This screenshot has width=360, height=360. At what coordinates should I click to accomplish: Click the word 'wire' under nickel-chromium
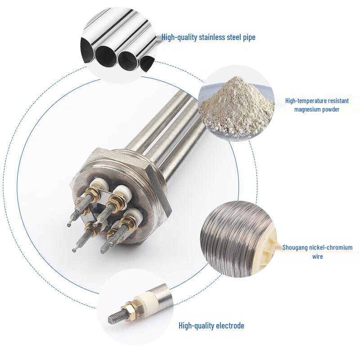tap(318, 256)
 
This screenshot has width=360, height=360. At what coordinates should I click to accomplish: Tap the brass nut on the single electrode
tap(132, 308)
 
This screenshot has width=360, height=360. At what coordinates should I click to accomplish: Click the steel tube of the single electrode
tap(163, 292)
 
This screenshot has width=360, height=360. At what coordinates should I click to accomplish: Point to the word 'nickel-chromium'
tap(333, 248)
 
